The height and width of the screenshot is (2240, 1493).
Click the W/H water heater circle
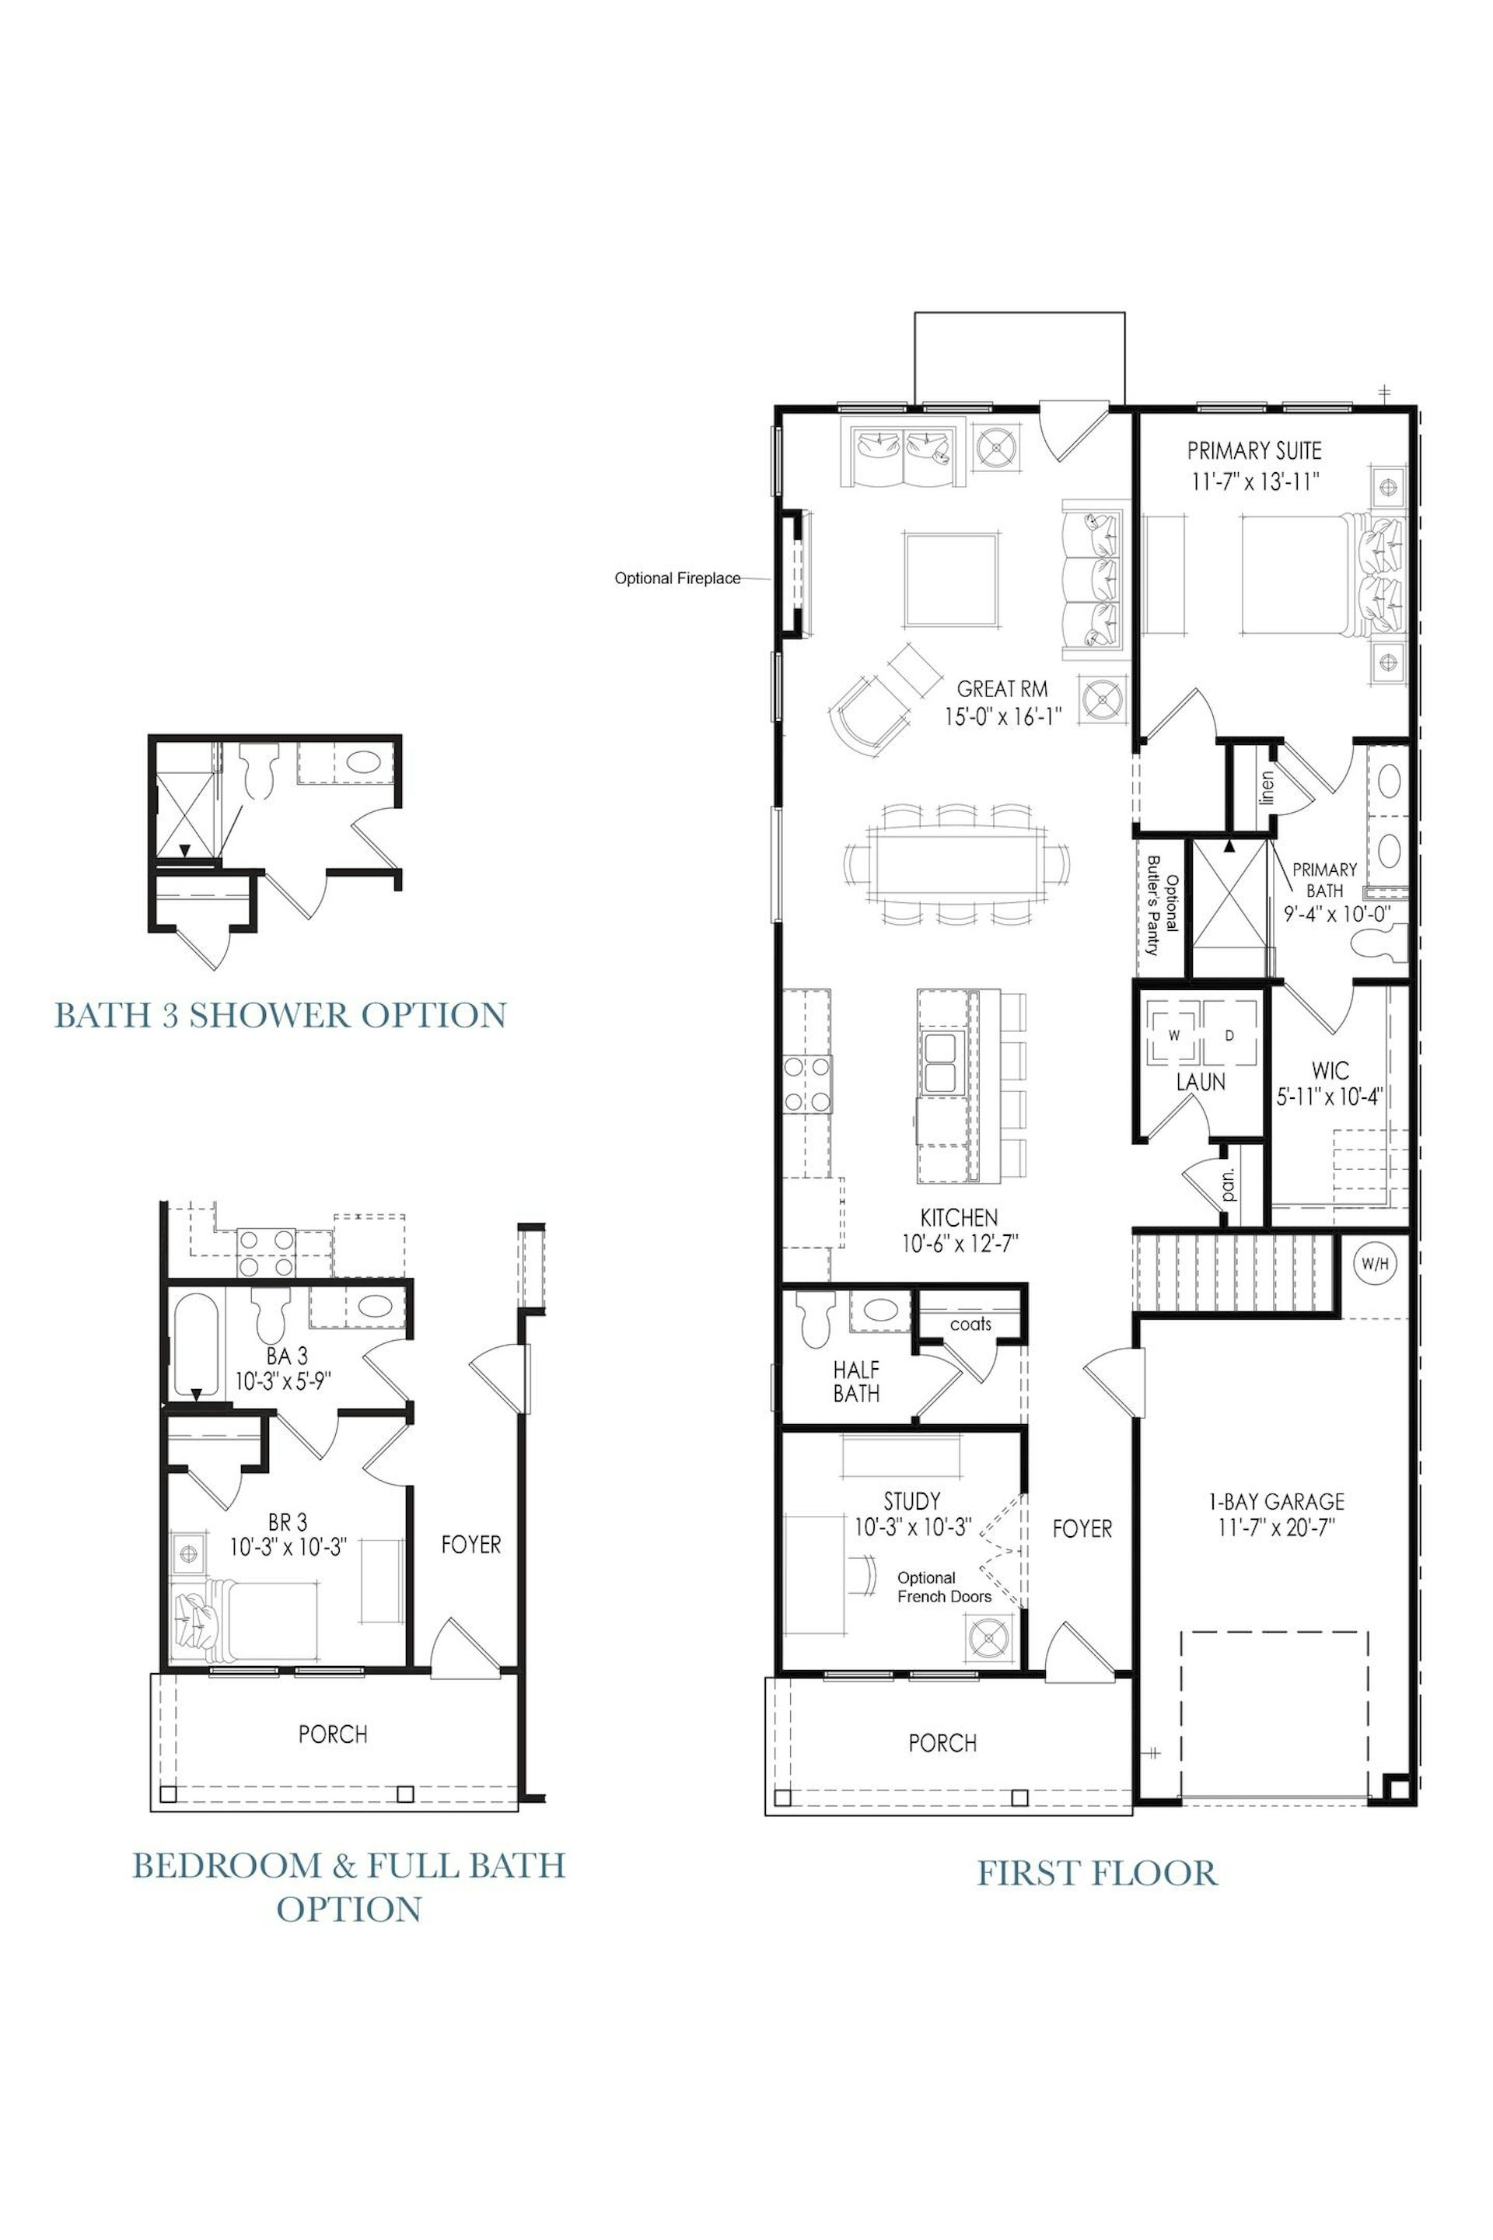click(1374, 1264)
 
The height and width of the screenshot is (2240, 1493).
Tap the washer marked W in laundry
click(1173, 1034)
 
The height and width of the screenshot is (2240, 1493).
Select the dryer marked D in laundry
click(1229, 1034)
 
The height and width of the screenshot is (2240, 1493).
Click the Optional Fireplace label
click(677, 578)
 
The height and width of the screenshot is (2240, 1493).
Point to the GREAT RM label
click(1002, 688)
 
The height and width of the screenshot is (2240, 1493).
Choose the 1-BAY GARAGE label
click(1276, 1502)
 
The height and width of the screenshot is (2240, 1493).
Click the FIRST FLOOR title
click(1098, 1874)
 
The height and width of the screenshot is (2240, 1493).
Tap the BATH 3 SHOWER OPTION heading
click(280, 1015)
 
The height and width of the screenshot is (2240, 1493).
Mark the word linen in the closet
click(1265, 788)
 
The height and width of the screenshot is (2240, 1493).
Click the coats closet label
click(970, 1324)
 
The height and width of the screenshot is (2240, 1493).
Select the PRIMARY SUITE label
click(1254, 450)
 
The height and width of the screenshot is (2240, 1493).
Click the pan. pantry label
click(1229, 1183)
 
